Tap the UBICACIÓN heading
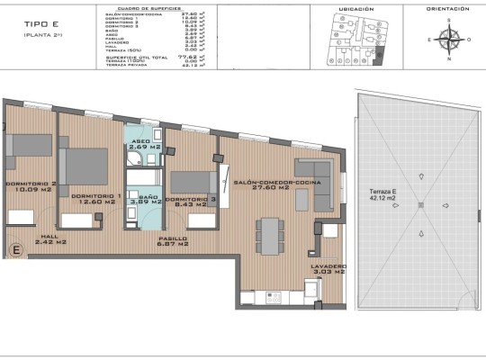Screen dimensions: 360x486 350,9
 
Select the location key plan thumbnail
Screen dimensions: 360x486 350,41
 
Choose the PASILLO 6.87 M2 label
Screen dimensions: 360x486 172,240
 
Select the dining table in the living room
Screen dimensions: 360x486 268,236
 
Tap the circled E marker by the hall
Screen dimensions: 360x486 14,249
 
